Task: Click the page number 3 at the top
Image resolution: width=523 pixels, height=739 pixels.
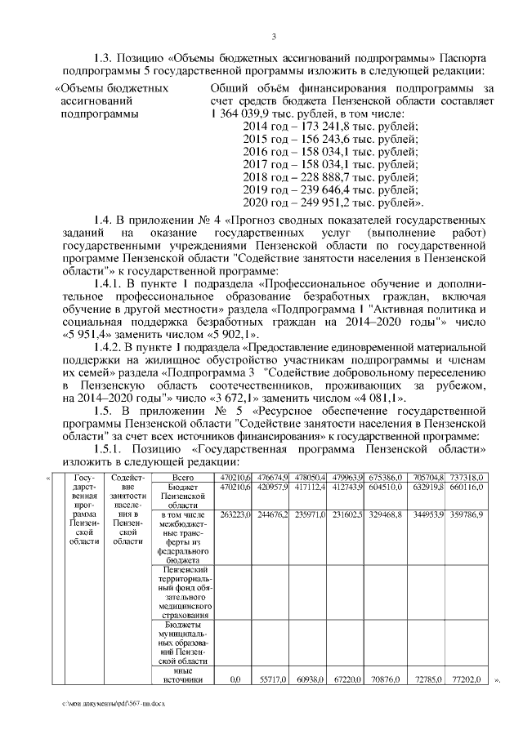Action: (274, 36)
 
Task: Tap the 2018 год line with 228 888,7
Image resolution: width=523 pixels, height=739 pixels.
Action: (330, 176)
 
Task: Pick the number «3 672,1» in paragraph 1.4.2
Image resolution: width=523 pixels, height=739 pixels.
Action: (257, 397)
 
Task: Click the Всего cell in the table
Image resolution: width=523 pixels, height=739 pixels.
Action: (182, 477)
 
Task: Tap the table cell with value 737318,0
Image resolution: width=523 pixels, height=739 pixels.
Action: (469, 477)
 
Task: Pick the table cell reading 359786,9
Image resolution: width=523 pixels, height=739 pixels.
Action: (469, 515)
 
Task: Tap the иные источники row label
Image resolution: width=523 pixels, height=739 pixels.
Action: (182, 673)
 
